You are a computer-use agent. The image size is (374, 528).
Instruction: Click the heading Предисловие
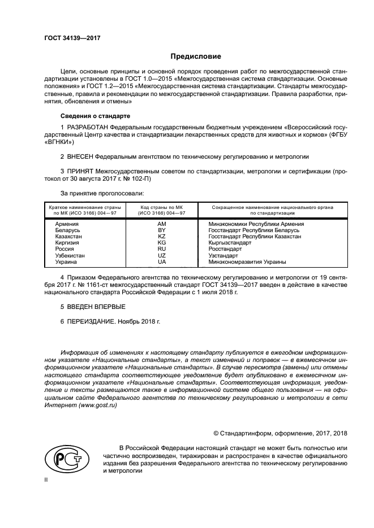[x=196, y=56]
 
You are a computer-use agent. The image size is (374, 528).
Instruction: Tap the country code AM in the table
[x=162, y=224]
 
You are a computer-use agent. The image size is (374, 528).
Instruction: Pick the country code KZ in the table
[x=162, y=237]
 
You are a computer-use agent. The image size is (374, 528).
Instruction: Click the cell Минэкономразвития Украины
[x=247, y=261]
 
